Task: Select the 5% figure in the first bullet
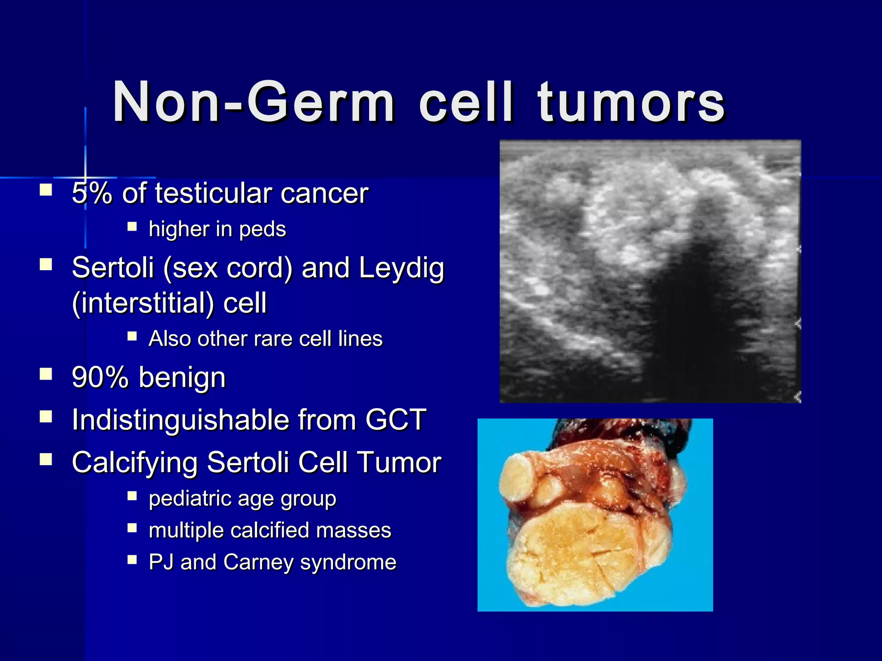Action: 92,193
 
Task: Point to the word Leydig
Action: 401,268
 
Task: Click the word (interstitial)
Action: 143,303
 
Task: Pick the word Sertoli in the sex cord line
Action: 112,268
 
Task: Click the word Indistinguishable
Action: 180,420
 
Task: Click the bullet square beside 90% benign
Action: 46,374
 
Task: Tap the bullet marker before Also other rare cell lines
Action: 132,336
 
